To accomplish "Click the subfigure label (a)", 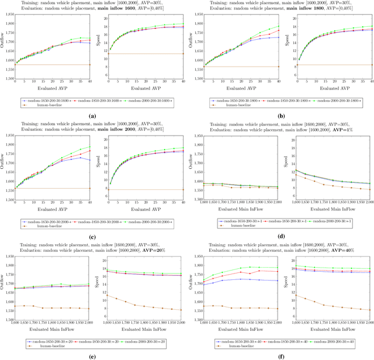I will coord(92,116).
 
